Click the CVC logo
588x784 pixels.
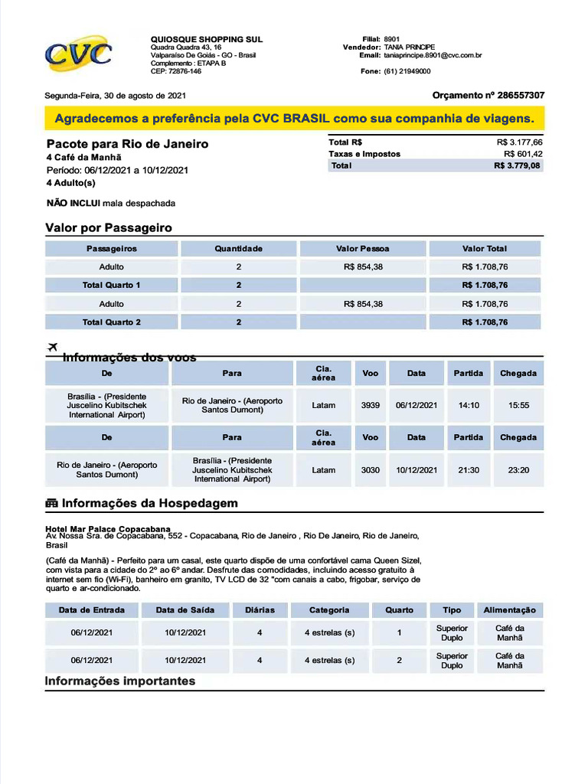coord(79,53)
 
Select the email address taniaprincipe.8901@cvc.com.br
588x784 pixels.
coord(433,56)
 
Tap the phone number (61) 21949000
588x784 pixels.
coord(407,71)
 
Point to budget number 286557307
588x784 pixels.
coord(521,96)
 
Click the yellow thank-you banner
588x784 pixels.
coord(294,119)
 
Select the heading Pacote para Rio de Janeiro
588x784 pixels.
coord(127,144)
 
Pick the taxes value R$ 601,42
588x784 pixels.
coord(523,154)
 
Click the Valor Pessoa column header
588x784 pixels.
coord(362,249)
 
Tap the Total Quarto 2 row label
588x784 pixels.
coord(112,322)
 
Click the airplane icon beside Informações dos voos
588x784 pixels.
coord(53,348)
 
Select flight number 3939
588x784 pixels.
coord(371,405)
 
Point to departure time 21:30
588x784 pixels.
coord(469,470)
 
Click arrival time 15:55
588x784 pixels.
coord(518,405)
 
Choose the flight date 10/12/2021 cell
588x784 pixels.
coord(416,470)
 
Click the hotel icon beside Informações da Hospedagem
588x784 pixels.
coord(52,504)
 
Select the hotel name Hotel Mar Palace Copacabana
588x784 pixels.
coord(108,529)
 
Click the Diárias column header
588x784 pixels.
coord(260,610)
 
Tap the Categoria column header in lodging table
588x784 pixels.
coord(329,610)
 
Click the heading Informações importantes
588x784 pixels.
coord(120,681)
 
